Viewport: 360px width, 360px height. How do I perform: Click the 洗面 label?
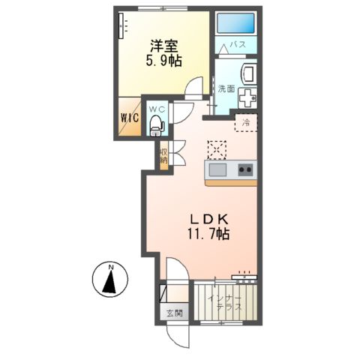pyautogui.click(x=226, y=88)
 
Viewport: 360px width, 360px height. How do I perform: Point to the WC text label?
pyautogui.click(x=156, y=109)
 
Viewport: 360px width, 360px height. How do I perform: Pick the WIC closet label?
pyautogui.click(x=127, y=118)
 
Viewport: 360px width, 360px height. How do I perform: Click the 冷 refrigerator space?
pyautogui.click(x=244, y=121)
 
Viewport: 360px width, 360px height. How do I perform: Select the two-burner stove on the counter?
pyautogui.click(x=244, y=169)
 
